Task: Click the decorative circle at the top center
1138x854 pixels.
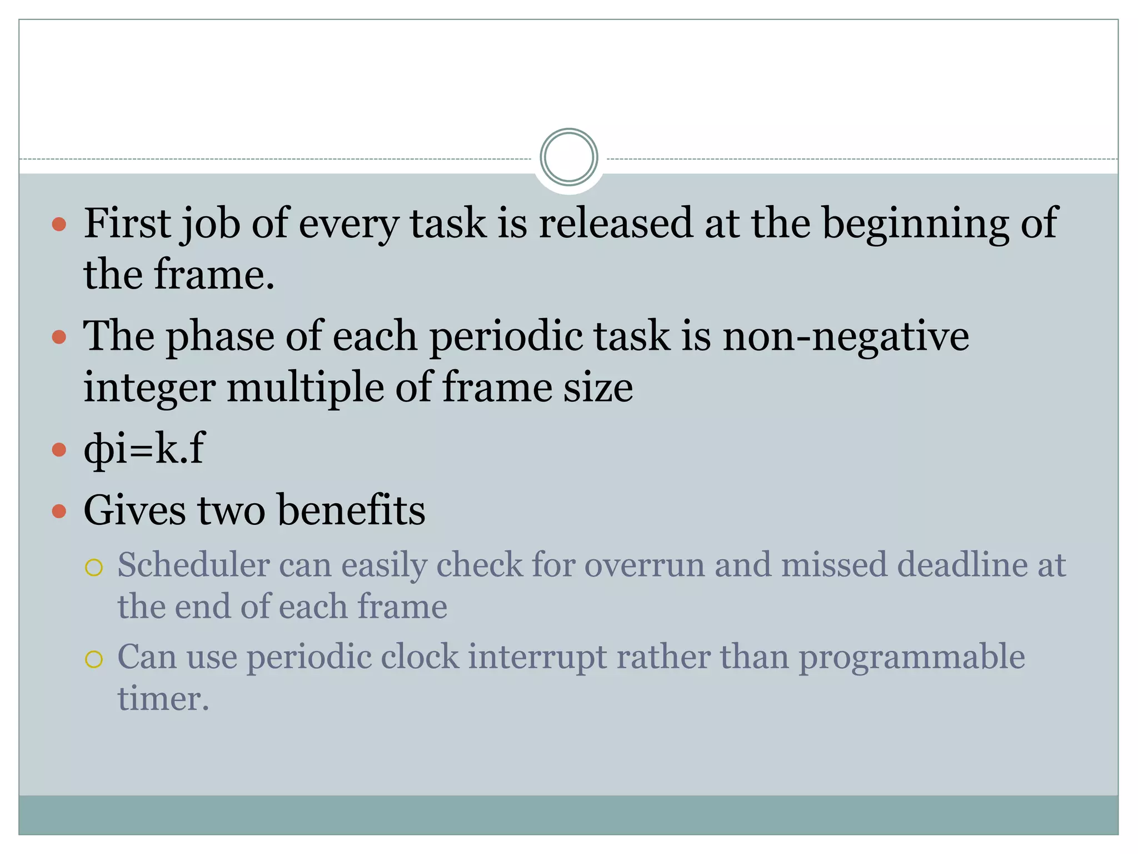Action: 568,157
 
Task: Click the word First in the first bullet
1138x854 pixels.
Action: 127,223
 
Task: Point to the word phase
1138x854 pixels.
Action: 221,337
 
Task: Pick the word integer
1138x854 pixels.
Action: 149,388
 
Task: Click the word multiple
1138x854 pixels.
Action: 305,388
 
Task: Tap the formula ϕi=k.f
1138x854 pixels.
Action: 144,449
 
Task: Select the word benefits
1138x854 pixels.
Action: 351,510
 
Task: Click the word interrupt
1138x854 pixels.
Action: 537,657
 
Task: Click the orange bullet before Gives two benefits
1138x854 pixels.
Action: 59,510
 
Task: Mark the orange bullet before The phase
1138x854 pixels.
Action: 59,337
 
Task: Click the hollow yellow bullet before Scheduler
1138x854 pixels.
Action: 94,568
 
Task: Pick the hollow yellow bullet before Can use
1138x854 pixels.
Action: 94,659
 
